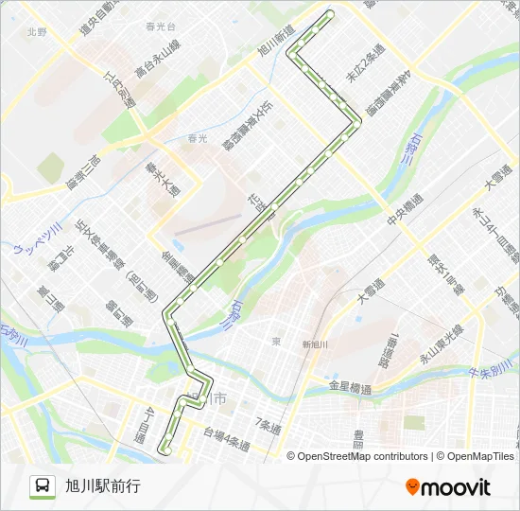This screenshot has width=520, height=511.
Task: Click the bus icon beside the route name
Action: pyautogui.click(x=43, y=485)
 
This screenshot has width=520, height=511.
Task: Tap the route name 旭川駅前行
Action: pyautogui.click(x=103, y=486)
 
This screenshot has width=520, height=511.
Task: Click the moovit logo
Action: pyautogui.click(x=448, y=486)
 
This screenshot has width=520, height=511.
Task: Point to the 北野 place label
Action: pyautogui.click(x=37, y=31)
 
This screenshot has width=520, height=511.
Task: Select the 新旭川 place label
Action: pyautogui.click(x=314, y=344)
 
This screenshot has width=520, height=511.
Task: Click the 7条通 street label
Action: pyautogui.click(x=269, y=427)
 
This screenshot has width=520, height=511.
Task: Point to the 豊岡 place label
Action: pyautogui.click(x=359, y=439)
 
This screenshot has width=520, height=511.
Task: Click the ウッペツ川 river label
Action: pyautogui.click(x=38, y=240)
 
